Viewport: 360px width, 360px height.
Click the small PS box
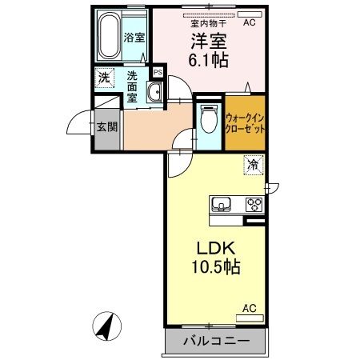158,73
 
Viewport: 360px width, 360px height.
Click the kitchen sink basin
221,204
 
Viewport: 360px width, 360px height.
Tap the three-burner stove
254,203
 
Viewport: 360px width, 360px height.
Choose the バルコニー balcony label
215,342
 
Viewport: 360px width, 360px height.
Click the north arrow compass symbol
107,326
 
